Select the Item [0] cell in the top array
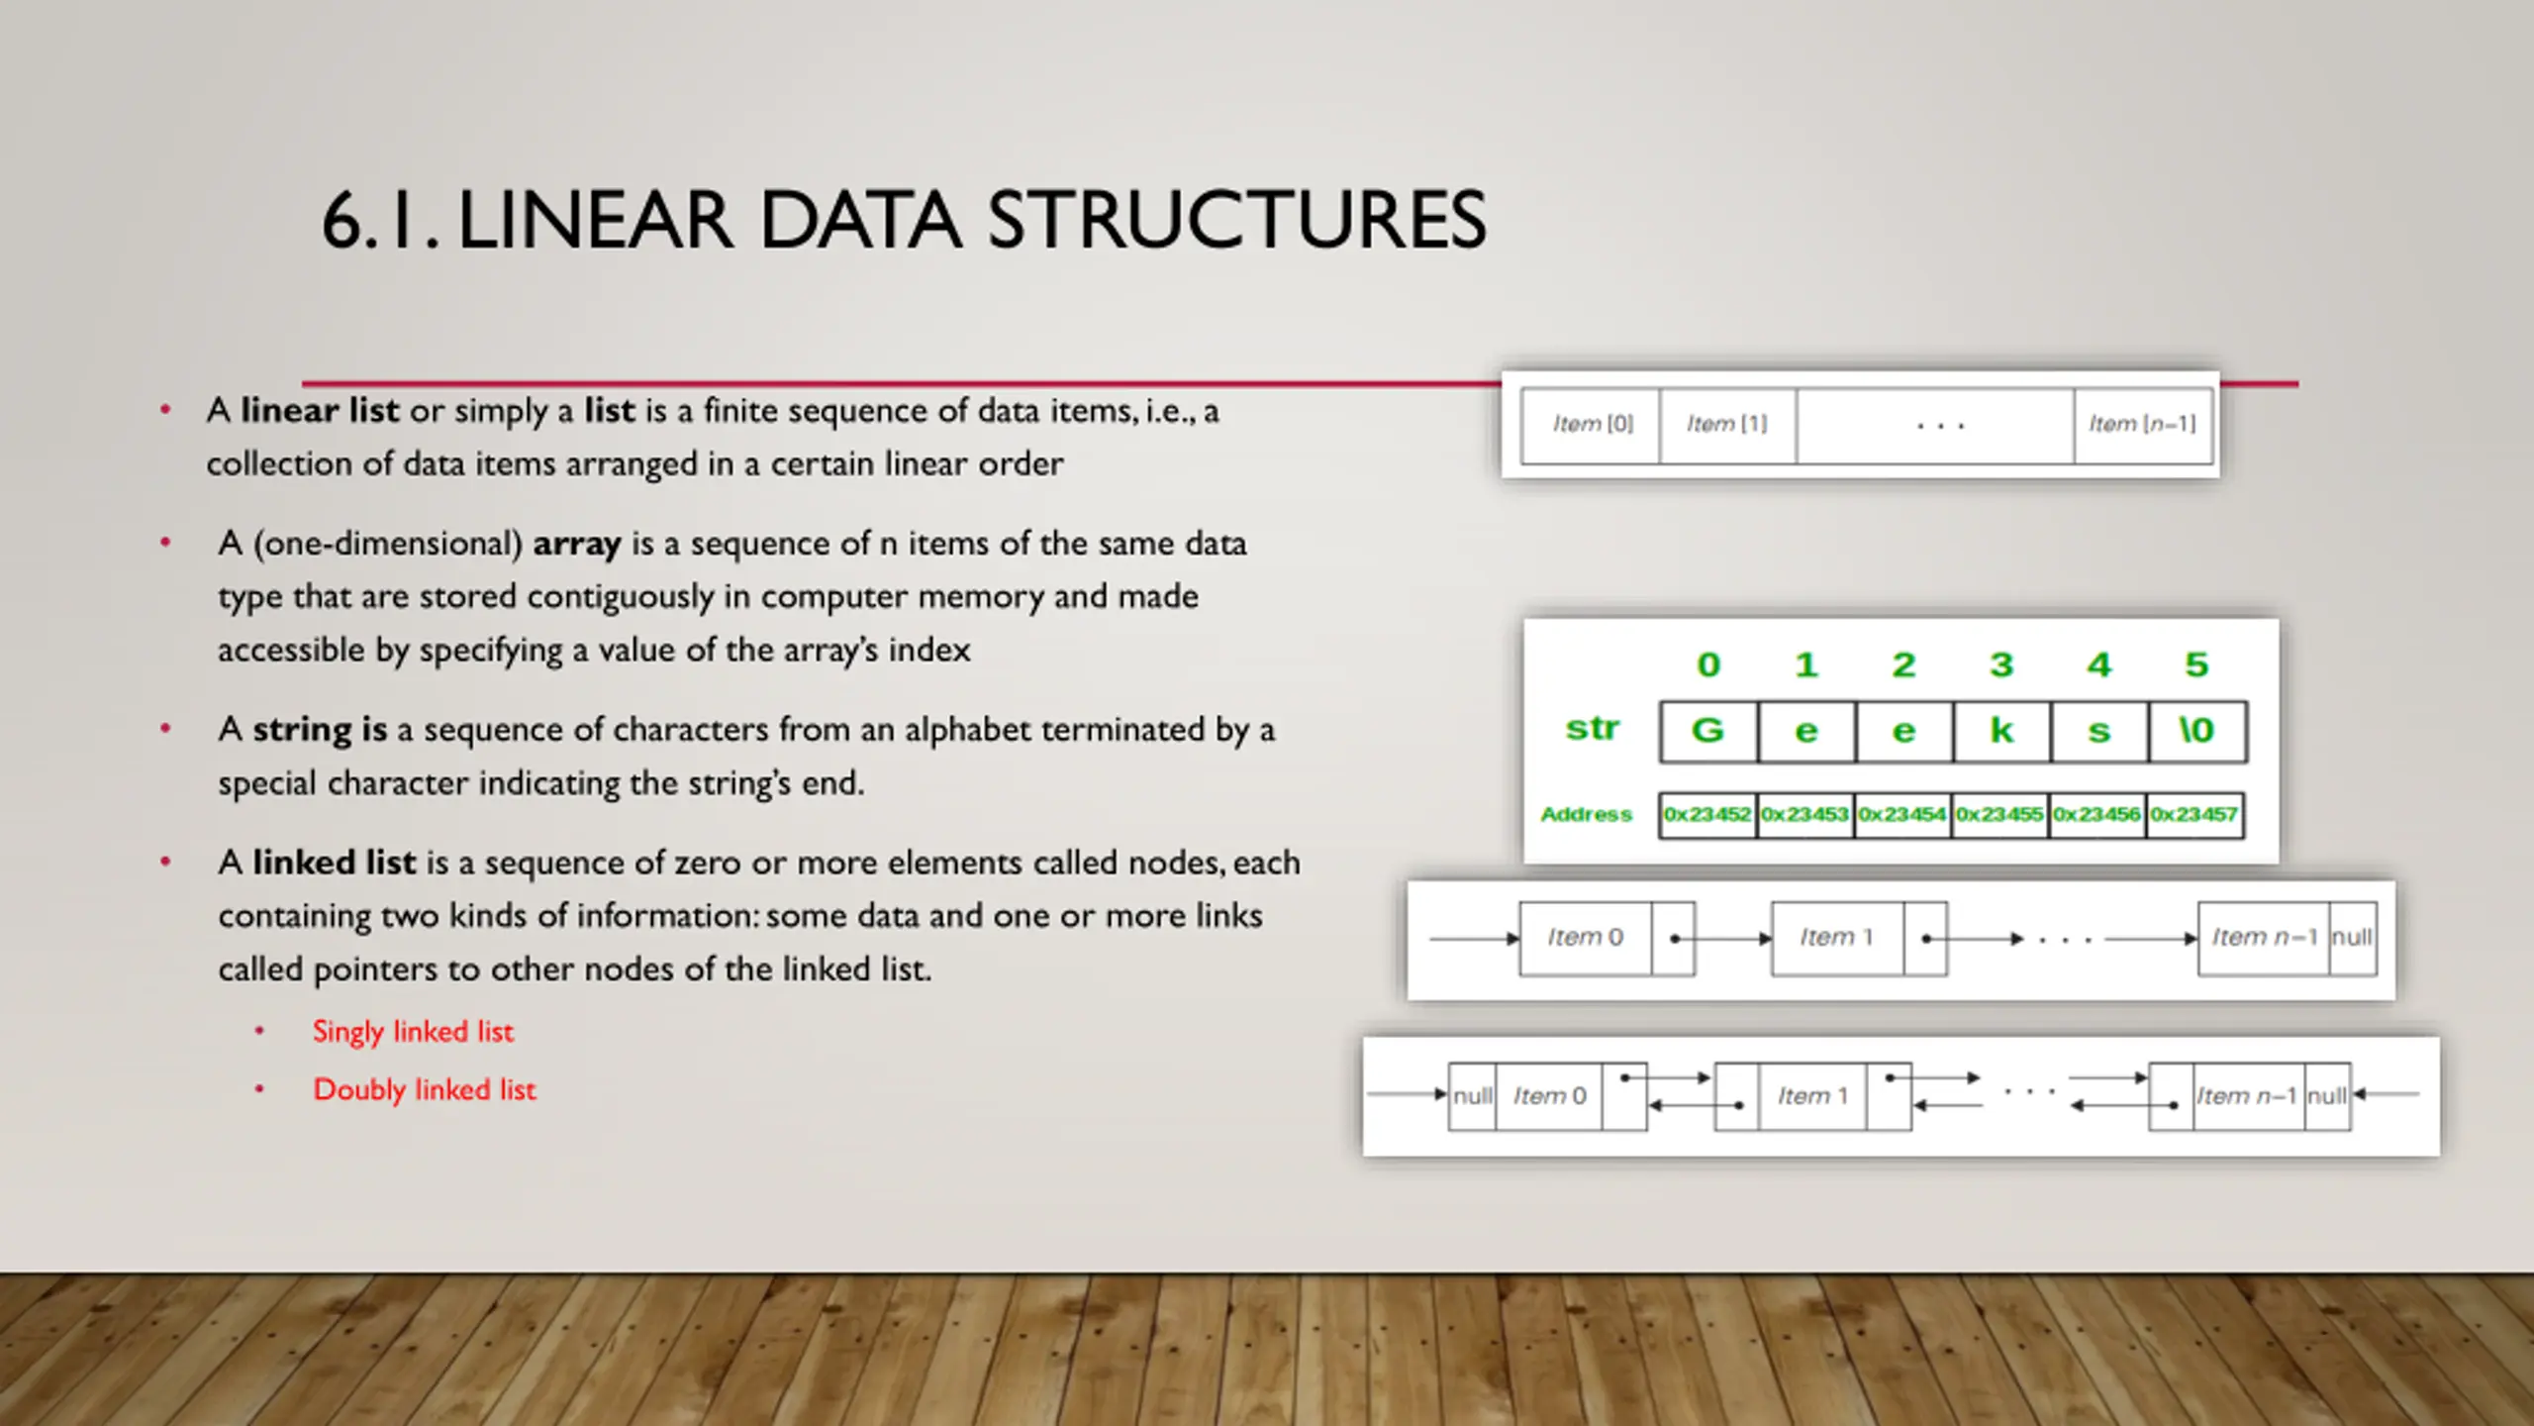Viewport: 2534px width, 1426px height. (x=1591, y=425)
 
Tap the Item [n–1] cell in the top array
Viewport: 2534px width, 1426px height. (x=2142, y=425)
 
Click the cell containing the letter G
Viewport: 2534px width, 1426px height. (x=1708, y=731)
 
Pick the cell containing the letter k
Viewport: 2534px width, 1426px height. (x=2001, y=731)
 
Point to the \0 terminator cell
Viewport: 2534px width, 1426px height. (x=2196, y=731)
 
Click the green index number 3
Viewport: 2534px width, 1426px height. (x=2001, y=664)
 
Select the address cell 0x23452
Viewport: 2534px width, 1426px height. (x=1707, y=815)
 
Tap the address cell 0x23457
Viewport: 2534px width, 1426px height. (x=2194, y=815)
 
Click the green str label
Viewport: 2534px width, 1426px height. (x=1592, y=729)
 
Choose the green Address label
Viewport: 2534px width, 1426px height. (x=1586, y=815)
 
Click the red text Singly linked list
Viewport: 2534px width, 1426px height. (x=413, y=1032)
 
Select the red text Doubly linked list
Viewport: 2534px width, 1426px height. (x=424, y=1090)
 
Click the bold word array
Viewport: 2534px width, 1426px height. (x=577, y=544)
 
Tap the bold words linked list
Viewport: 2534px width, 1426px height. (x=334, y=863)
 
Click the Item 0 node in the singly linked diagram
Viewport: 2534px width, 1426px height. (x=1585, y=938)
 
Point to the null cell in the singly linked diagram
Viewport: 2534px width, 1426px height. (x=2352, y=938)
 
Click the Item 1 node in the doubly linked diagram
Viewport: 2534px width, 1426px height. (x=1812, y=1096)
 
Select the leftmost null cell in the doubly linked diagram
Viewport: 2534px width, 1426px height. (x=1472, y=1096)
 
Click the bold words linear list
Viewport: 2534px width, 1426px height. (x=320, y=411)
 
